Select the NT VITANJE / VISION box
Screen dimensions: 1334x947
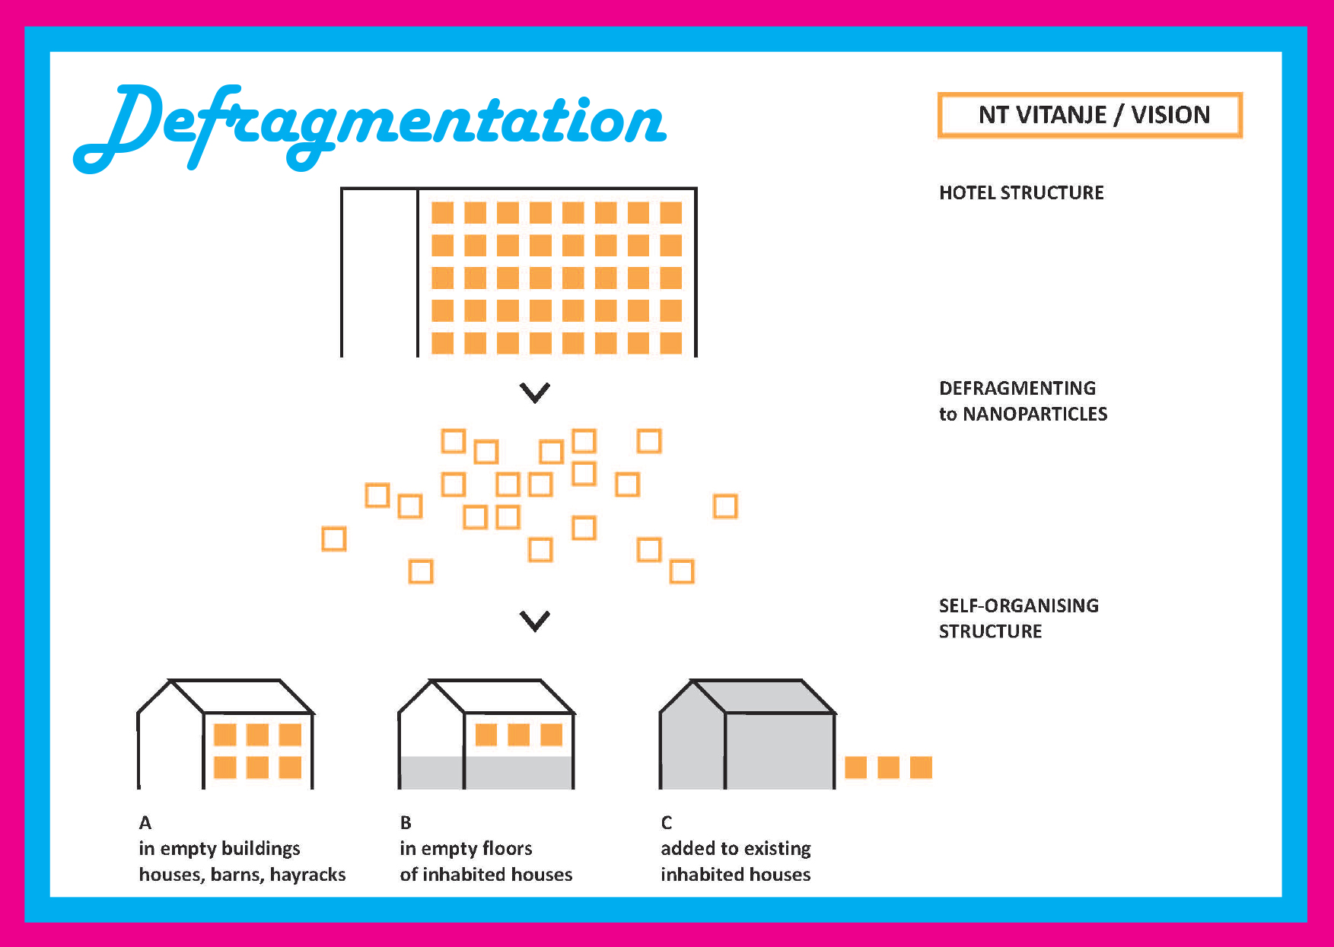click(1090, 115)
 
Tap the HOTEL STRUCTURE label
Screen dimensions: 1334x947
click(1021, 192)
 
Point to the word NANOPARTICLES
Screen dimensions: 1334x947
click(1035, 414)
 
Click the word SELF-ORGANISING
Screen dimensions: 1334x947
click(1019, 605)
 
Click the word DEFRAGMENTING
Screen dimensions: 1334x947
click(1017, 388)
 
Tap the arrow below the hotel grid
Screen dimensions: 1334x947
click(535, 392)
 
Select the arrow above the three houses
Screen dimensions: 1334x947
click(535, 621)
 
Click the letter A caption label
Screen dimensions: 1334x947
click(145, 822)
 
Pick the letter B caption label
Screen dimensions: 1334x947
click(406, 822)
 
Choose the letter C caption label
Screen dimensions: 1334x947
click(667, 822)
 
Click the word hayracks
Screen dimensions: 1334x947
click(307, 875)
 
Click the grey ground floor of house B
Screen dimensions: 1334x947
click(486, 772)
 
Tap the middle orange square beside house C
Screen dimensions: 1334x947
click(888, 767)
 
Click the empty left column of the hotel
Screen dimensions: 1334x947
click(380, 272)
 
